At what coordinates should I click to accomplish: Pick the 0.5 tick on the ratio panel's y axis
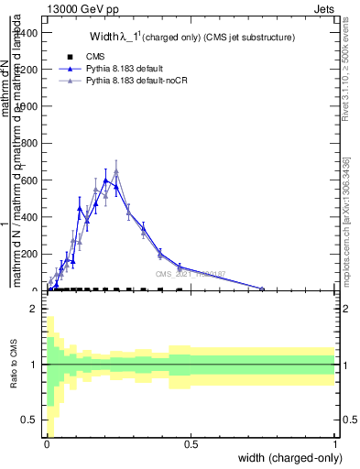(x=30, y=420)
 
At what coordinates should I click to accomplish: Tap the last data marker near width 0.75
(x=262, y=289)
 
